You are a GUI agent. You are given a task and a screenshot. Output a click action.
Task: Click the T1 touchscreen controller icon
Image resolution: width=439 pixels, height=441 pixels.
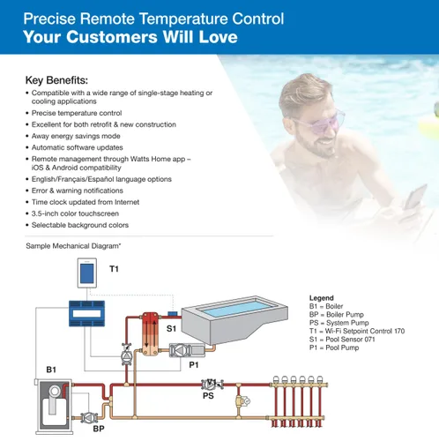pos(87,273)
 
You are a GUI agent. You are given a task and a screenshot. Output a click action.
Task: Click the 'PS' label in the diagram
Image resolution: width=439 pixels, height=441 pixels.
pos(208,396)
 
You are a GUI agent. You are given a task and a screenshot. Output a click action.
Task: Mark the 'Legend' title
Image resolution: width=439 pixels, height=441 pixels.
pos(322,298)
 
